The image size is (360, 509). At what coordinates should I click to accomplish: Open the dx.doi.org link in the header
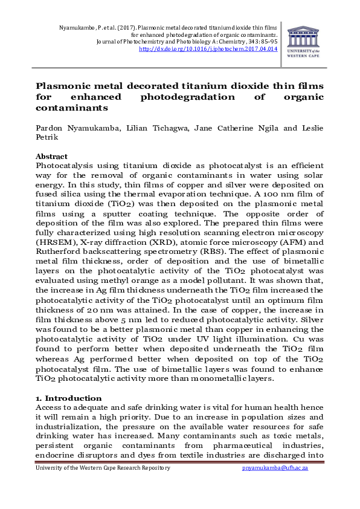click(208, 49)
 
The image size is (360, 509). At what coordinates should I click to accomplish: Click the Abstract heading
click(52, 156)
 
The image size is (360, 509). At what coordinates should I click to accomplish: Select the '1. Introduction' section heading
click(68, 398)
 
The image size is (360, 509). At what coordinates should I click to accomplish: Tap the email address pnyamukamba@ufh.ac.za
click(283, 468)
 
